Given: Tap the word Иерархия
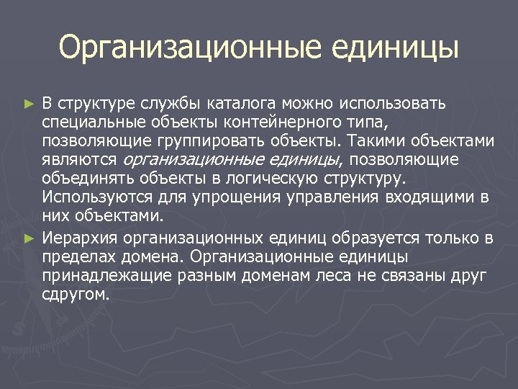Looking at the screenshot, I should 80,238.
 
